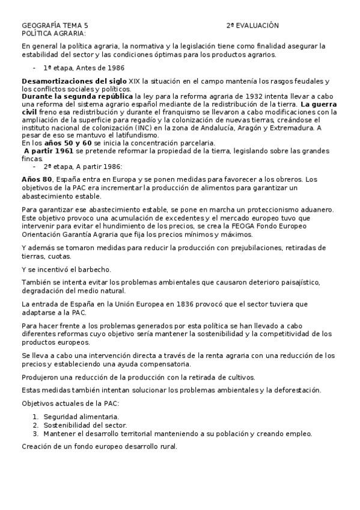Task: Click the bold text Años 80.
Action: (37, 180)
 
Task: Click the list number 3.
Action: (35, 433)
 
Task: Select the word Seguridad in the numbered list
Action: (60, 416)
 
